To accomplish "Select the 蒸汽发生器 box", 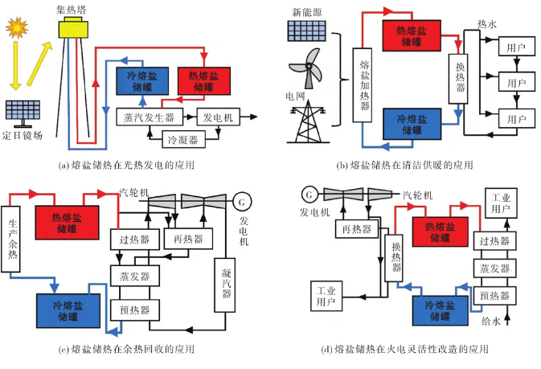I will click(145, 117).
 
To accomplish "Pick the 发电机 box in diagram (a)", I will click(217, 117).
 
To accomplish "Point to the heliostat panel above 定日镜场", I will click(24, 111).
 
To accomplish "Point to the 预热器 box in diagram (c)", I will click(135, 310).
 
